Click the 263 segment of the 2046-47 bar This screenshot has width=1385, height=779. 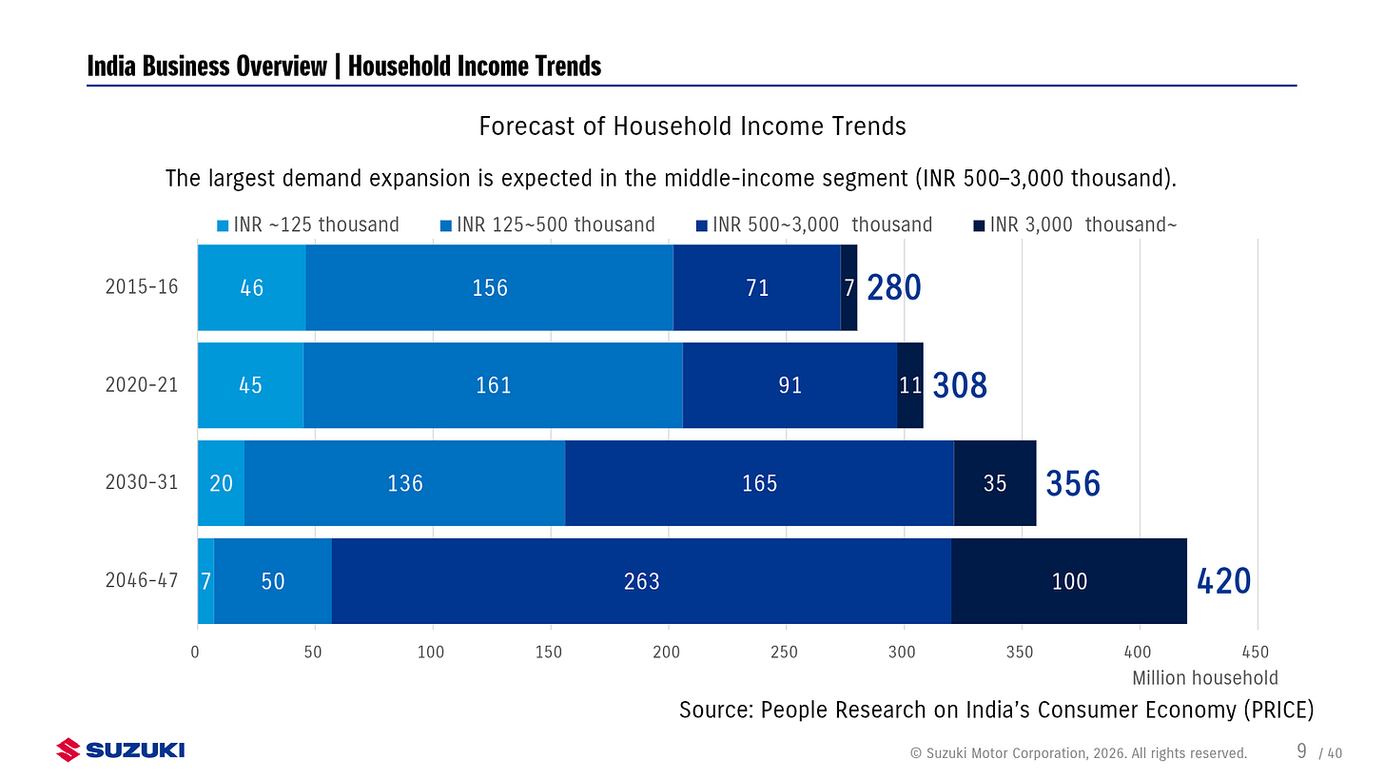(x=641, y=581)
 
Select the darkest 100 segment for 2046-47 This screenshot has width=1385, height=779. (x=1068, y=581)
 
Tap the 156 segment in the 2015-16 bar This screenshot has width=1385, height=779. (x=490, y=287)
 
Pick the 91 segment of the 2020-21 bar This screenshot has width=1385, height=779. (x=790, y=385)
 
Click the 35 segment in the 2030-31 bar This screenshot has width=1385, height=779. (x=994, y=483)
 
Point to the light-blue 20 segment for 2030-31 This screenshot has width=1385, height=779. (x=221, y=483)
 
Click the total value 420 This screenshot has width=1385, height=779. (x=1223, y=581)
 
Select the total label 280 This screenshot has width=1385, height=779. (x=893, y=287)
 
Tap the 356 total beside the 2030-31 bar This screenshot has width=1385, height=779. (x=1073, y=484)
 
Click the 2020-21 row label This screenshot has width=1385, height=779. (x=142, y=385)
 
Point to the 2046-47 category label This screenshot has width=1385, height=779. (x=142, y=581)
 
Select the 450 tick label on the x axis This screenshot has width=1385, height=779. (x=1257, y=652)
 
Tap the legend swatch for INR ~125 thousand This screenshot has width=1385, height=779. (x=224, y=225)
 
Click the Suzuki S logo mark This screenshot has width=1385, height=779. (x=68, y=750)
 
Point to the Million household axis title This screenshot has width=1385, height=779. (x=1204, y=678)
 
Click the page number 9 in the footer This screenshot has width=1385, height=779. (x=1301, y=751)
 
